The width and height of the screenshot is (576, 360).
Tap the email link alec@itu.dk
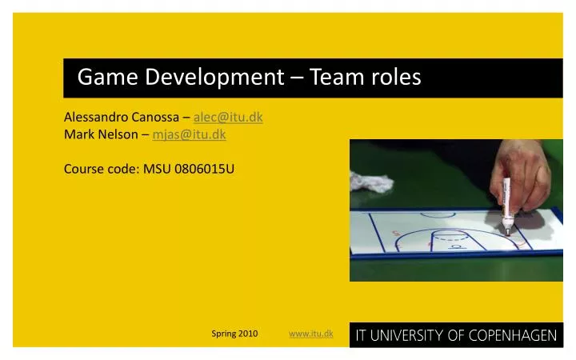[x=228, y=117]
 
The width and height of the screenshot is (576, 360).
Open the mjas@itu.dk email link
[x=189, y=134]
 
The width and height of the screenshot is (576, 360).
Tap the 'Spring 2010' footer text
[x=234, y=333]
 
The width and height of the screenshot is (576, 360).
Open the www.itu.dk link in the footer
[x=311, y=333]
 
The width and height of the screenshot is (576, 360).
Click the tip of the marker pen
[x=507, y=231]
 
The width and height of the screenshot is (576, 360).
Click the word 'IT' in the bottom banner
[x=361, y=335]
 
